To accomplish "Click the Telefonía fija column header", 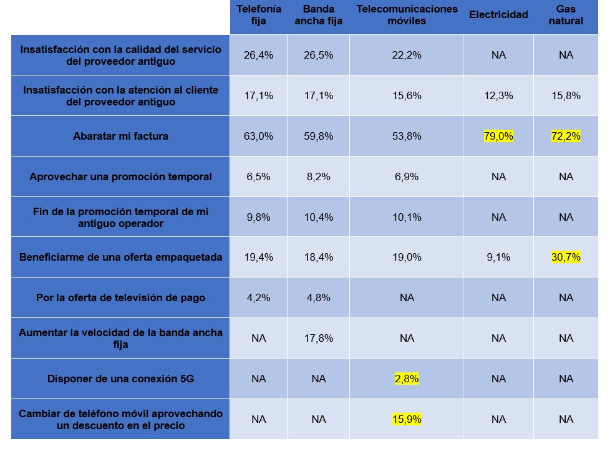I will pos(258,15).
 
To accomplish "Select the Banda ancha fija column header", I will pos(319,15).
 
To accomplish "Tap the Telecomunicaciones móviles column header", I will pos(407,15).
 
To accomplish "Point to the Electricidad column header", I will pos(498,15).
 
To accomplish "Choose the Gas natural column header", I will pos(566,15).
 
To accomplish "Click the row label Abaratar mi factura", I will pos(120,136).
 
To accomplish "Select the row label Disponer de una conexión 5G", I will pos(120,379).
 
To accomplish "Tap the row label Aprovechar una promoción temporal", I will pos(120,176).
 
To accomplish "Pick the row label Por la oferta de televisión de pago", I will pos(120,297).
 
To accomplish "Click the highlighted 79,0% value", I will pos(498,136).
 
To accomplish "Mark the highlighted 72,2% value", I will pos(566,136).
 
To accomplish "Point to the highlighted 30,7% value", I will pos(566,257).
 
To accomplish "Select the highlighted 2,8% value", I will pos(407,379).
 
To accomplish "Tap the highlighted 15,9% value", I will pos(407,419).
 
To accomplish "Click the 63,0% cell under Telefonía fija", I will pos(258,136).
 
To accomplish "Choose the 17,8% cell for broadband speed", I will pos(319,338).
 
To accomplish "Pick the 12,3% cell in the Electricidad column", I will pos(498,95).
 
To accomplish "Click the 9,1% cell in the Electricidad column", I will pos(498,257).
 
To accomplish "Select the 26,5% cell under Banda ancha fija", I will pos(319,55).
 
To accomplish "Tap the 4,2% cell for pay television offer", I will pos(258,297).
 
